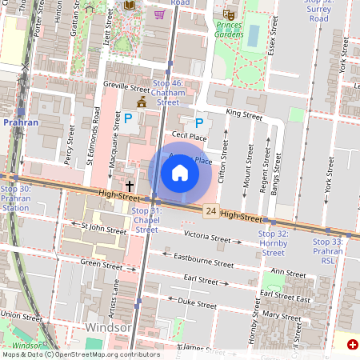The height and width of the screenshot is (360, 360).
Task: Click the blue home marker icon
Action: (x=180, y=173)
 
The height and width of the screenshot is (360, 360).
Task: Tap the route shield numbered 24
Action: (x=210, y=210)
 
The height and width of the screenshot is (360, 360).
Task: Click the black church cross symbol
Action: (x=130, y=185)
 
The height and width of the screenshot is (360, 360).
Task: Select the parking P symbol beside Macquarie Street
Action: (x=127, y=118)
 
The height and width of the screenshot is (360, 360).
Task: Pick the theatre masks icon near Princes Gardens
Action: (x=230, y=14)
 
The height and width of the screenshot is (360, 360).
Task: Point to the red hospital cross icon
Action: (x=353, y=344)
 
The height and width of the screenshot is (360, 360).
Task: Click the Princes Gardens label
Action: (x=229, y=30)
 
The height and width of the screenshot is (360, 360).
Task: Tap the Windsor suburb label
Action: (x=107, y=328)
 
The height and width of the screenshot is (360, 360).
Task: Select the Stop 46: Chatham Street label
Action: (x=168, y=92)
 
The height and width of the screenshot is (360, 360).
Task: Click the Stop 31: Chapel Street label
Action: (x=146, y=220)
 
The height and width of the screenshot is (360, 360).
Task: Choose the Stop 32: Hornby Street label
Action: (x=273, y=242)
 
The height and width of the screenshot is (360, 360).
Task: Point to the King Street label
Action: (x=244, y=115)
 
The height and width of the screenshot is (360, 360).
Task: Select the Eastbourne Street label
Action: (x=204, y=260)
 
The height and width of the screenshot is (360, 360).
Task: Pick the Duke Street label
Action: (x=197, y=304)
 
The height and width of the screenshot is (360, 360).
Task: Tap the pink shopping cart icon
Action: (x=159, y=14)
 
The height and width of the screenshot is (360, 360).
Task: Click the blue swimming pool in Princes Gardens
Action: (x=254, y=35)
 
